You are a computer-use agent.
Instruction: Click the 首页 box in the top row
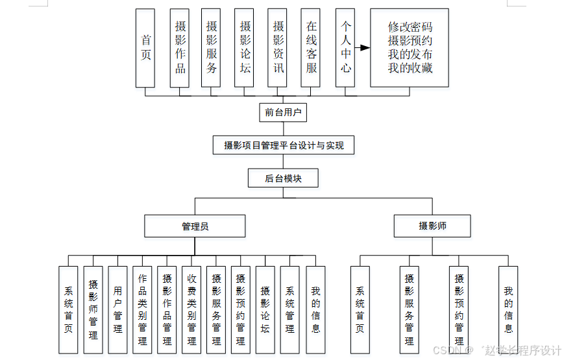(145, 48)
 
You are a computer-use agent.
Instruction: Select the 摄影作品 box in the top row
(180, 48)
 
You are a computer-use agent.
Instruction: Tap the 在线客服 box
(311, 48)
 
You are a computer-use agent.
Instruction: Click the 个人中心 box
(345, 48)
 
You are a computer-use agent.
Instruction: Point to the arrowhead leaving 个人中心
(365, 48)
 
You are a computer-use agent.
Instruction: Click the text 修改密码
(410, 27)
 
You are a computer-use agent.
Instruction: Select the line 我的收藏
(410, 68)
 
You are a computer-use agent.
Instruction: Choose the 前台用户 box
(282, 112)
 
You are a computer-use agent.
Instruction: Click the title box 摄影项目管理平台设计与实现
(284, 145)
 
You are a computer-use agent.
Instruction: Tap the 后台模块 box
(283, 178)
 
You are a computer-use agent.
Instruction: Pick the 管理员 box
(195, 226)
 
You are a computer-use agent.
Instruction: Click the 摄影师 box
(432, 226)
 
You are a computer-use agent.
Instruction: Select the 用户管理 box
(117, 309)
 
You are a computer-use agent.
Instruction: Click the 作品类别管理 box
(142, 309)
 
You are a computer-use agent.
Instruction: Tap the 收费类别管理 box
(191, 309)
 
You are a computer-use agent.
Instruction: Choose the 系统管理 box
(290, 309)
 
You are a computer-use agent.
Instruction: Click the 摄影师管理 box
(93, 309)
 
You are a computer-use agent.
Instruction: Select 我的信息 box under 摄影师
(508, 309)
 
